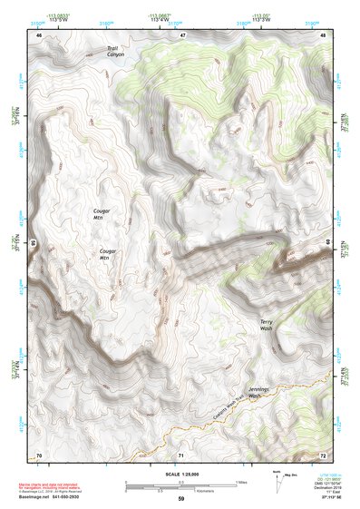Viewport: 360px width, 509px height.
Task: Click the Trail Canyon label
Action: pyautogui.click(x=115, y=51)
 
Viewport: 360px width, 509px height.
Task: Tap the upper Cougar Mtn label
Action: pyautogui.click(x=102, y=214)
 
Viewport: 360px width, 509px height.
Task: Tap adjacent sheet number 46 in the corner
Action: pyautogui.click(x=39, y=34)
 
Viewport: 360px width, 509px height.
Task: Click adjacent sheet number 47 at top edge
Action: pyautogui.click(x=182, y=34)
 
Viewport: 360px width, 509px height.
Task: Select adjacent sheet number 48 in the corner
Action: pyautogui.click(x=324, y=34)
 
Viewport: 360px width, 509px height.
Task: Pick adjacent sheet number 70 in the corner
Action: pyautogui.click(x=39, y=454)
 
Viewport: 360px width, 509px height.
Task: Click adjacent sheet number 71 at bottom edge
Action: pyautogui.click(x=181, y=454)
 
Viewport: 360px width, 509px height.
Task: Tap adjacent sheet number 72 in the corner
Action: pyautogui.click(x=324, y=454)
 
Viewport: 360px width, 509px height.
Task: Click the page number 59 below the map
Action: pyautogui.click(x=181, y=499)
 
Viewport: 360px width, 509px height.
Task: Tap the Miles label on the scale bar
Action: pyautogui.click(x=240, y=481)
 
